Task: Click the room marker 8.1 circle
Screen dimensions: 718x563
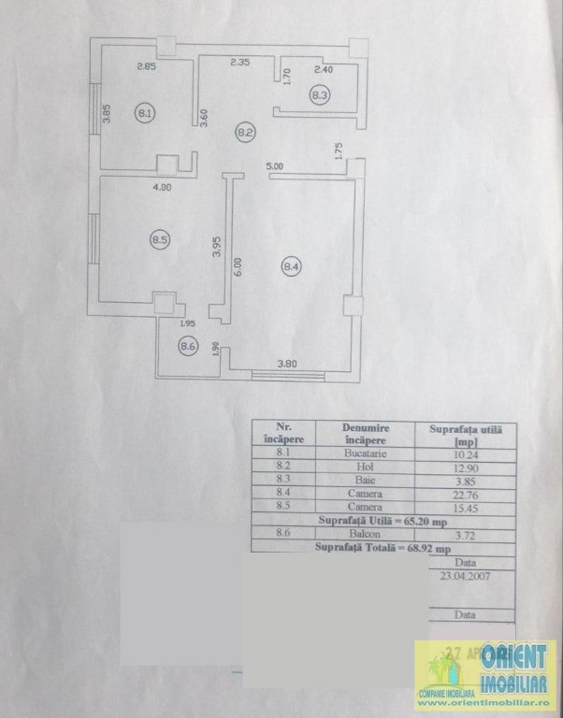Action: [x=145, y=113]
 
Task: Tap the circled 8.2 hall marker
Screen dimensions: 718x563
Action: [x=245, y=133]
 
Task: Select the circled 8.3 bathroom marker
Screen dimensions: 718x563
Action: [x=320, y=93]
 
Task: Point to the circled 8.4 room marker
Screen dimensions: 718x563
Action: [x=291, y=267]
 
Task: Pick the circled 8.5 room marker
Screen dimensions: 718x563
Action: [x=159, y=240]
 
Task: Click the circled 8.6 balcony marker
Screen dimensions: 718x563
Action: [x=188, y=346]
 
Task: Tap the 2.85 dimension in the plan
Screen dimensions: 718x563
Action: [x=146, y=66]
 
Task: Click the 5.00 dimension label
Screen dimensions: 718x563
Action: [x=274, y=166]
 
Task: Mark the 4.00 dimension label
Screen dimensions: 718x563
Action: [x=162, y=187]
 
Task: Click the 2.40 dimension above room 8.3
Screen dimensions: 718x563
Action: [x=324, y=69]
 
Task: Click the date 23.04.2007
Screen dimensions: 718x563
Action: [x=464, y=576]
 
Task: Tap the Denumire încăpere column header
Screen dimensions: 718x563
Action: [x=365, y=435]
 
